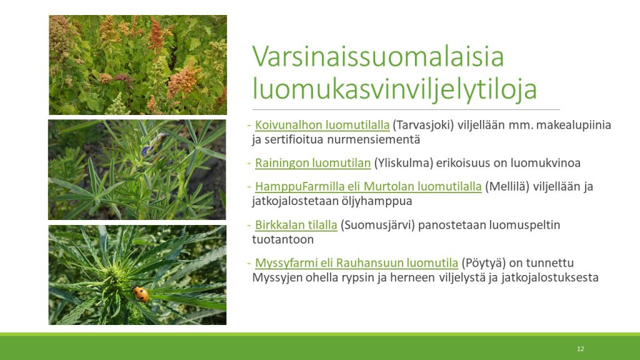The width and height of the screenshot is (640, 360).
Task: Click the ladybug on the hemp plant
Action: [141, 294]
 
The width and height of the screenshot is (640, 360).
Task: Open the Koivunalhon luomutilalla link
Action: [322, 125]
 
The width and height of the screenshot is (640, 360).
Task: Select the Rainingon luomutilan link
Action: [312, 163]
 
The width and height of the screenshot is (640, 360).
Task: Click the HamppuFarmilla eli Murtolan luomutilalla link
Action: [368, 186]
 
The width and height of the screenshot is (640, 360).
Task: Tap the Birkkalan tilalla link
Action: [296, 225]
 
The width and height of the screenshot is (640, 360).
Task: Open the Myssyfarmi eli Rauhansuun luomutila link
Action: [356, 263]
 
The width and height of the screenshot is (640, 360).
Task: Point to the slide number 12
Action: [581, 349]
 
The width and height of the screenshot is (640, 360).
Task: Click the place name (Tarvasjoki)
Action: [423, 125]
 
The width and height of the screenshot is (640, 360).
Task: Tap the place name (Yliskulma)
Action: [403, 163]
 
